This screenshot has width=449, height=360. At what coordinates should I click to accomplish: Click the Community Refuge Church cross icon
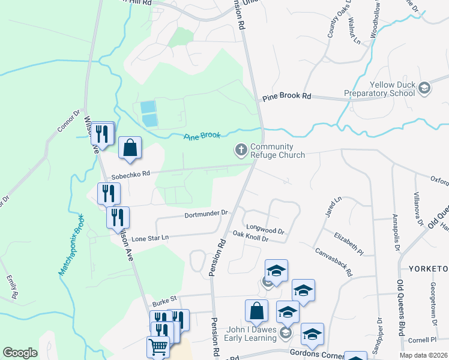pos(242,150)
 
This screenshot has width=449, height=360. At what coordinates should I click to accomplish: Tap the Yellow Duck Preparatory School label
pos(384,89)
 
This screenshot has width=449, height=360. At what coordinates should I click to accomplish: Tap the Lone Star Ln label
pos(150,238)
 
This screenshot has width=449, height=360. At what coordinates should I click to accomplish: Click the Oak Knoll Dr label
pos(250,238)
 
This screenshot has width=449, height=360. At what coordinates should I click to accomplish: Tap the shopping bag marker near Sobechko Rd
pos(130,148)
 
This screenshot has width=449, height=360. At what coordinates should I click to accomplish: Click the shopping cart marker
pos(158,346)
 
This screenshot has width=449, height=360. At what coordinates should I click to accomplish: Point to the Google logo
pos(20,352)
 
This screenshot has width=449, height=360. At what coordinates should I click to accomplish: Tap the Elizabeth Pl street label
pos(350,241)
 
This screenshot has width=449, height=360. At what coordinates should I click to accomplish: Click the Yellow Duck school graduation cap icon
pos(424,89)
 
